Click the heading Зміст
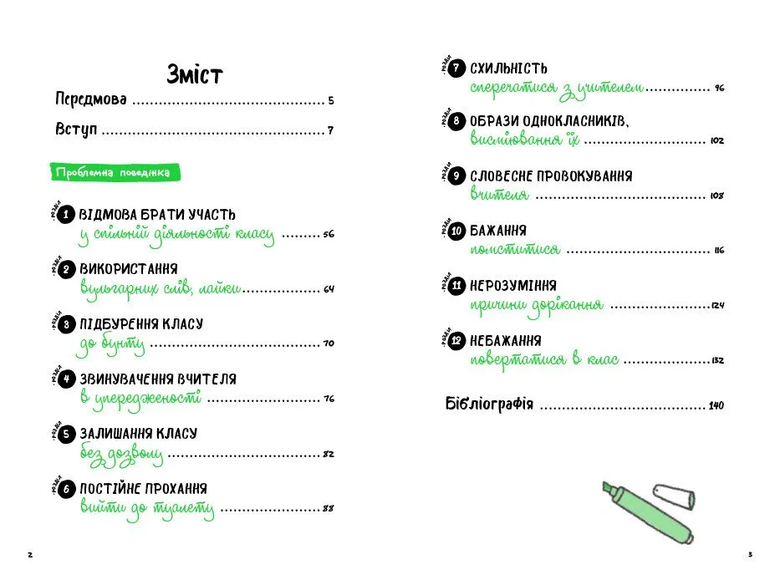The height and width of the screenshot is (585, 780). click(194, 74)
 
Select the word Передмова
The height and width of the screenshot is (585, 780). click(91, 100)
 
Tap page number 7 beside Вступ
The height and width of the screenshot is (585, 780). click(330, 130)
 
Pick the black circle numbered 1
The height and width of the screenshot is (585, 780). click(67, 215)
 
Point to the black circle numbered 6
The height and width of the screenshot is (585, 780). click(67, 490)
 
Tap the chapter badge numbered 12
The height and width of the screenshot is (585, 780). click(456, 341)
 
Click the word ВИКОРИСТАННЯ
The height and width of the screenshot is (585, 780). click(129, 269)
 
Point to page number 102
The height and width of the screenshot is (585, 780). click(716, 141)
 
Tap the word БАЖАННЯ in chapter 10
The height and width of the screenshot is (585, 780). click(498, 231)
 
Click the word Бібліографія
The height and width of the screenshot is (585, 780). click(489, 405)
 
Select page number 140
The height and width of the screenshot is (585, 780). click(716, 406)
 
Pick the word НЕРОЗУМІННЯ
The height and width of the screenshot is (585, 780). click(513, 286)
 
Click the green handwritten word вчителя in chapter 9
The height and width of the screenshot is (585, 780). click(499, 195)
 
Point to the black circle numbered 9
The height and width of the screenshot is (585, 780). click(456, 176)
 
